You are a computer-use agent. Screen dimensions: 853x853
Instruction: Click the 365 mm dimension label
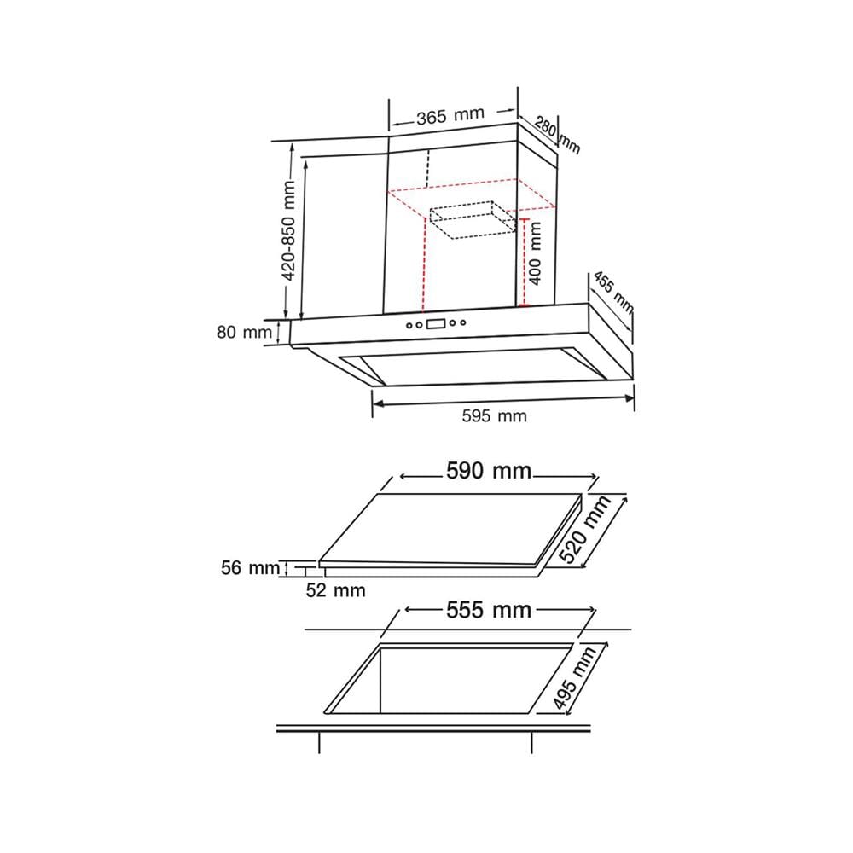click(x=450, y=115)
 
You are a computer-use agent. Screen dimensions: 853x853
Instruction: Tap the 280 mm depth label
click(x=557, y=135)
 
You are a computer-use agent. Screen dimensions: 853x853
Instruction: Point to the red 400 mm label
click(x=536, y=253)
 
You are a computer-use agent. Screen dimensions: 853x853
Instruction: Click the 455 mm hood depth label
click(x=613, y=293)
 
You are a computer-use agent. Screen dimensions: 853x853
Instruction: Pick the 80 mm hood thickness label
click(x=244, y=332)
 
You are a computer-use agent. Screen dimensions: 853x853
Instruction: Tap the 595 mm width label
click(x=494, y=416)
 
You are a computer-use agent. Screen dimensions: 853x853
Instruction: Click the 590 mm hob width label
click(x=489, y=471)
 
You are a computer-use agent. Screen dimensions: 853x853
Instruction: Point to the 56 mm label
click(x=250, y=568)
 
